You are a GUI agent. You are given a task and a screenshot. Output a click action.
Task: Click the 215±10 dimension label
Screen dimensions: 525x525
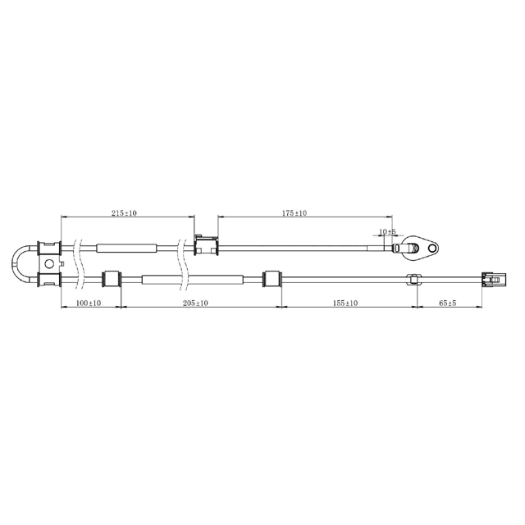tap(124, 213)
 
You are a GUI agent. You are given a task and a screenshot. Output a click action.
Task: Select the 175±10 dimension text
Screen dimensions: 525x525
tap(294, 213)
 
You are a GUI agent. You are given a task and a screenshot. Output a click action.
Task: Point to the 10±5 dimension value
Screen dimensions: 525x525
tap(388, 232)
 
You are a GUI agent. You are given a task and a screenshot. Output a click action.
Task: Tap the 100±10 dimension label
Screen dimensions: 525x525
tap(88, 303)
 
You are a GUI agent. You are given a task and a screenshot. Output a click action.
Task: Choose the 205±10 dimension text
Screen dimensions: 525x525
tap(194, 303)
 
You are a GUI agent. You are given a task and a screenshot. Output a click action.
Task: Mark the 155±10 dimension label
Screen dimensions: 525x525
tap(345, 303)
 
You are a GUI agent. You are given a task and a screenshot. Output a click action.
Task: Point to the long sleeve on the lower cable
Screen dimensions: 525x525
tap(192, 280)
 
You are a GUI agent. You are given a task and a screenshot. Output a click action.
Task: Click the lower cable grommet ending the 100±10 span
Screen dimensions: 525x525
tap(111, 280)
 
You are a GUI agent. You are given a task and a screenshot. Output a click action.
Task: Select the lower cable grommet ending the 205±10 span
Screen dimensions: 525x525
tap(270, 280)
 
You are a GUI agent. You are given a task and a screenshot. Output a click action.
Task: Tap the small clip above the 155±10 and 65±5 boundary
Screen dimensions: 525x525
tap(413, 279)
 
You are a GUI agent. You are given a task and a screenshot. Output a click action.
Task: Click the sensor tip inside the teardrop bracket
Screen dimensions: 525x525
tap(406, 246)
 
